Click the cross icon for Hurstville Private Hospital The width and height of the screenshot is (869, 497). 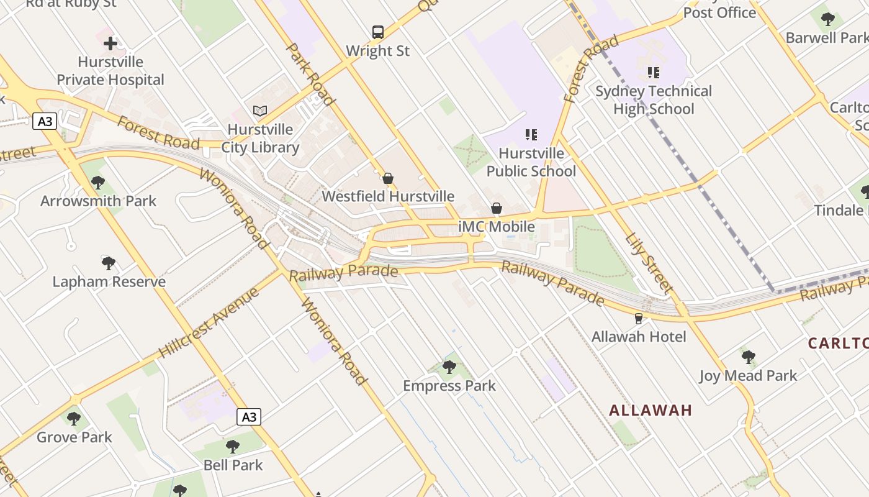point(110,43)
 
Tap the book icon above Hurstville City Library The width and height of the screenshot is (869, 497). point(260,111)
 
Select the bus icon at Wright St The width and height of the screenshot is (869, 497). point(377,32)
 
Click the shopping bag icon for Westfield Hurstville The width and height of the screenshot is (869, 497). point(388,178)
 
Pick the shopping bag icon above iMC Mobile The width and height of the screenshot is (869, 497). point(497,208)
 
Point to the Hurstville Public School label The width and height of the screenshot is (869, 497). point(531,162)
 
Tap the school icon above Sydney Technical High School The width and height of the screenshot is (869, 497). point(653,73)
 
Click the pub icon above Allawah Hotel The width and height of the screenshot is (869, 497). point(638,319)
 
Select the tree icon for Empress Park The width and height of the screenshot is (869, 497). point(449,367)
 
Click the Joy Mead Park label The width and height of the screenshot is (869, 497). point(748,375)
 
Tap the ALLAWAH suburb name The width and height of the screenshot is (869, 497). point(650,410)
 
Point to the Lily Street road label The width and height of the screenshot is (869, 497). point(649,263)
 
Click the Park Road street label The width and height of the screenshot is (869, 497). point(310,74)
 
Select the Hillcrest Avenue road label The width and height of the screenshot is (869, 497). point(208,322)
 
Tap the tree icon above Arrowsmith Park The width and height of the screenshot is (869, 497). point(98,183)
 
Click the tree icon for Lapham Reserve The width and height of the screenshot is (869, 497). point(109,263)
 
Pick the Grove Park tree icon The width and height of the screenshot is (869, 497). point(74,419)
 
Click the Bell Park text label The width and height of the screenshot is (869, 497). point(233,465)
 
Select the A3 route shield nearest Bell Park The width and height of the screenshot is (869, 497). point(248,417)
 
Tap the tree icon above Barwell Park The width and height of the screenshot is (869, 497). point(827,19)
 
